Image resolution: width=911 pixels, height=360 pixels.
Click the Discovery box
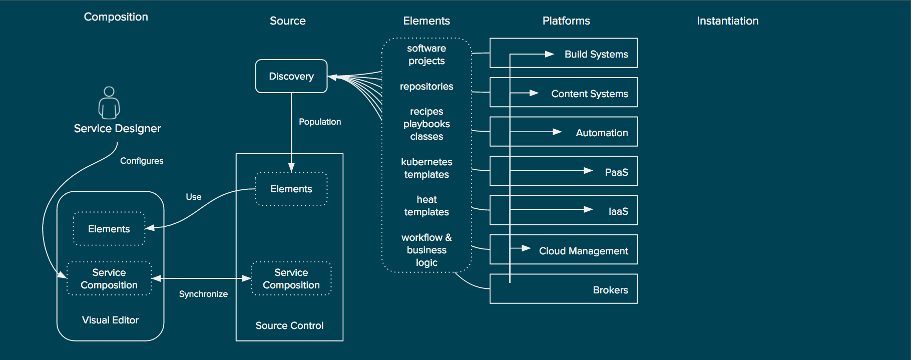[291, 76]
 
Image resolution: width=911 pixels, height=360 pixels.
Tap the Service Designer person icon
[109, 103]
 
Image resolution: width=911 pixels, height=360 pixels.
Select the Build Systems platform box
[564, 53]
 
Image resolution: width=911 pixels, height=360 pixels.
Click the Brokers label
[610, 290]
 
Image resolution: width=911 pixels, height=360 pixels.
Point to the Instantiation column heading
[728, 21]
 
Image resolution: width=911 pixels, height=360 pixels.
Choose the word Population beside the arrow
[320, 122]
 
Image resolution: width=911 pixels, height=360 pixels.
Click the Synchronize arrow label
[203, 294]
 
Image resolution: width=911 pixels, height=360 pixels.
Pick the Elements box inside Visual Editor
[109, 229]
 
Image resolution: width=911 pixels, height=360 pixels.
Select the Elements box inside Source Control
[291, 189]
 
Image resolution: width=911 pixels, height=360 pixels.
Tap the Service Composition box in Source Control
[291, 278]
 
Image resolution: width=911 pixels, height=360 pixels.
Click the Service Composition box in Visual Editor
[109, 278]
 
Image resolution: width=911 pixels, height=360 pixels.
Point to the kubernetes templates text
[426, 168]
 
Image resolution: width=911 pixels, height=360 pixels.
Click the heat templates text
[426, 206]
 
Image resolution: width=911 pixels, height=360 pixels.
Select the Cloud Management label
[583, 251]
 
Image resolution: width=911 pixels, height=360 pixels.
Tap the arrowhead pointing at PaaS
[589, 171]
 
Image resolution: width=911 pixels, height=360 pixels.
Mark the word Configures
[142, 161]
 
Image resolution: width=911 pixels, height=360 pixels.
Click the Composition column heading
[116, 17]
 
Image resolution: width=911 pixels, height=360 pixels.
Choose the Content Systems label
[590, 94]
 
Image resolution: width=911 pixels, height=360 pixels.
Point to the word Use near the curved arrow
[194, 197]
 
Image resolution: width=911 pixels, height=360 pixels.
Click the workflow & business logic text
[426, 250]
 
